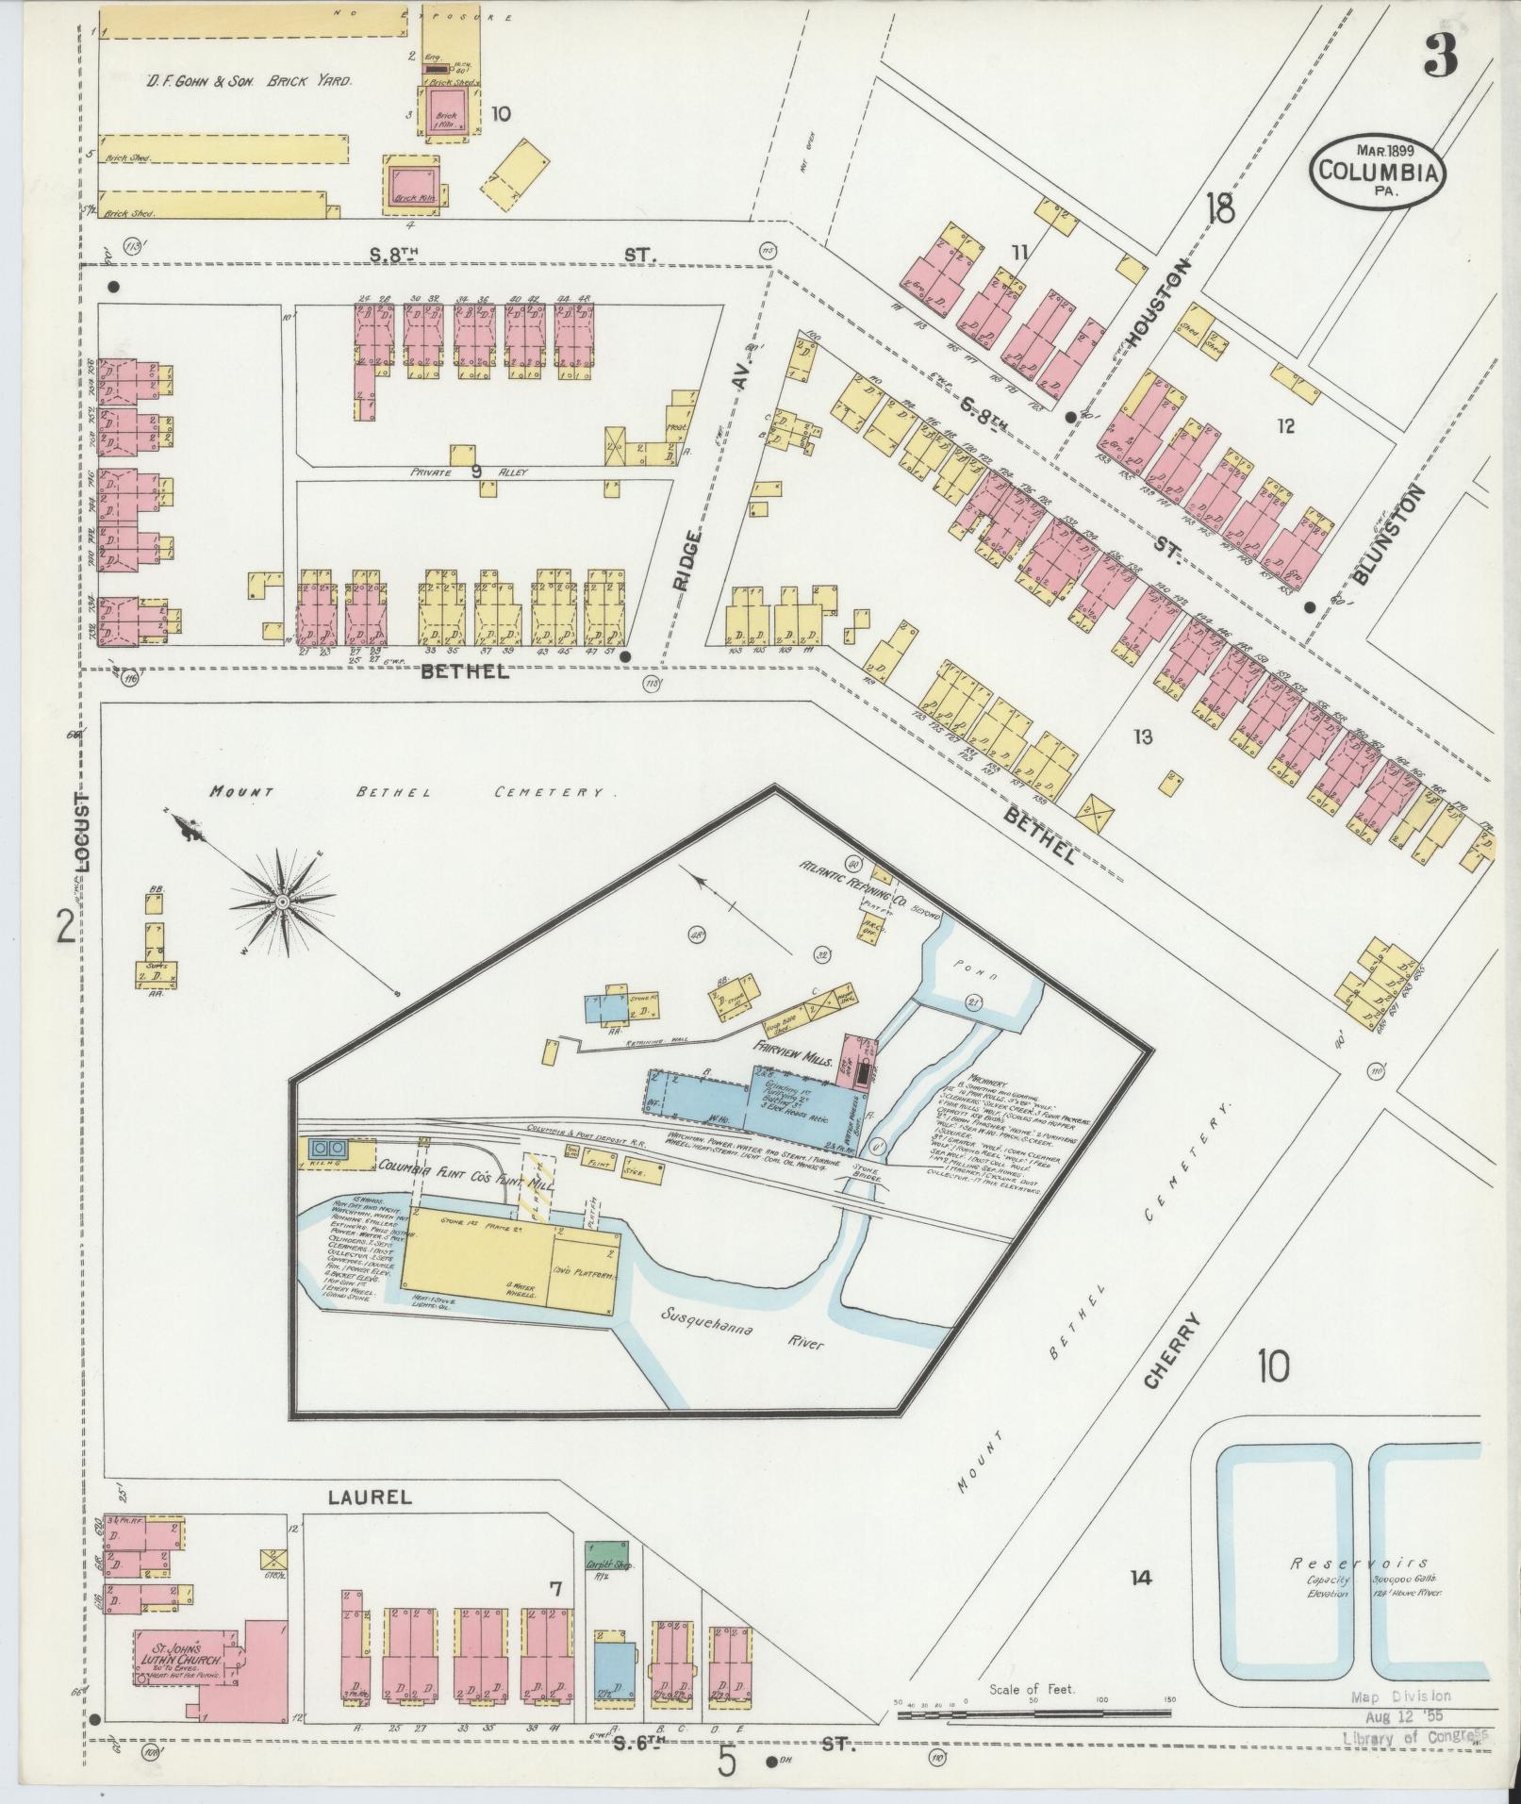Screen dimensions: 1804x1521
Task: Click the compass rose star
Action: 281,902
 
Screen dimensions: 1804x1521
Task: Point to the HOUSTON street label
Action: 1156,305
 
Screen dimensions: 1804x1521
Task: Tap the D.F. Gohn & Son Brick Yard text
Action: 249,82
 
